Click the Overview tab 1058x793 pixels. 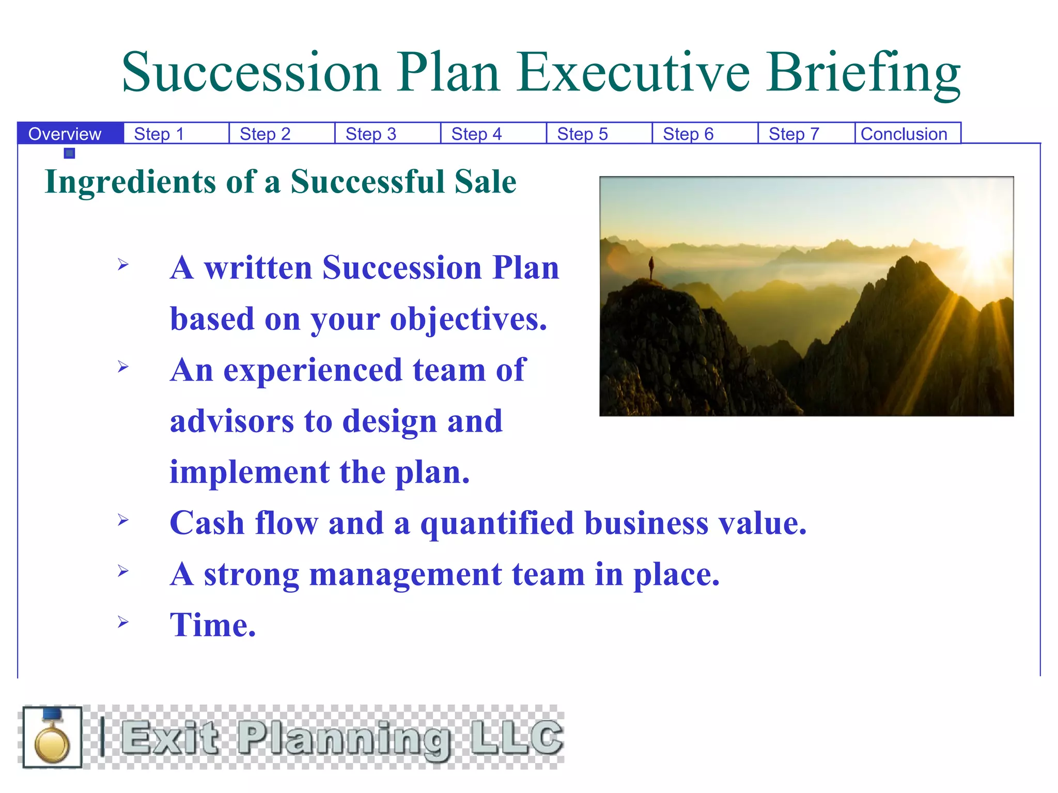[65, 134]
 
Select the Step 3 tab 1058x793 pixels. [371, 134]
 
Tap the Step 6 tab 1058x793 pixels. [688, 134]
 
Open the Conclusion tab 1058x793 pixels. [904, 134]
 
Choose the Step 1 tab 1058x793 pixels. [159, 134]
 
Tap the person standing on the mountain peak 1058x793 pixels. [651, 267]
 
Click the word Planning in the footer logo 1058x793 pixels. [344, 738]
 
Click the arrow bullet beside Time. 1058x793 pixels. [123, 622]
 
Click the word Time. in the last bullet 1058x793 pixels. [213, 625]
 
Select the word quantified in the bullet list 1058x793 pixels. [497, 524]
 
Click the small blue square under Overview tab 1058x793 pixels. [70, 153]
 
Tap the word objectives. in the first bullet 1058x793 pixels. [468, 319]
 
